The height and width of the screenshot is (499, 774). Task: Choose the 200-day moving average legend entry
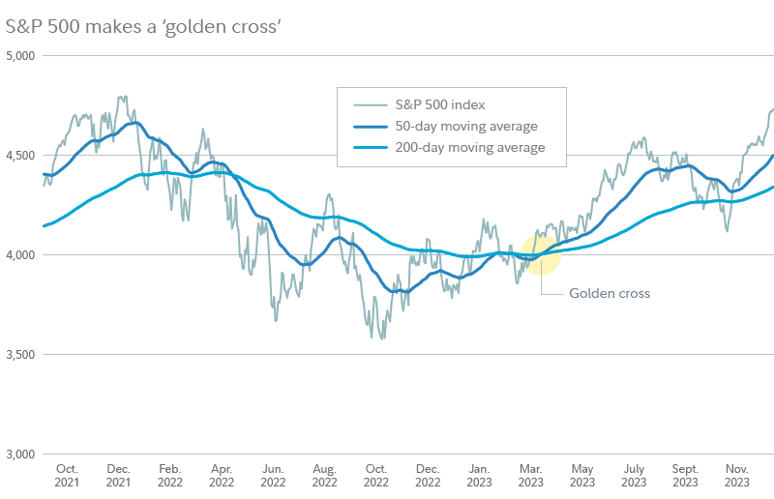point(470,148)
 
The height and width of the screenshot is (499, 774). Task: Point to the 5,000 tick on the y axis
point(19,56)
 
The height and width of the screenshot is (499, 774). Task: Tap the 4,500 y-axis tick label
point(19,156)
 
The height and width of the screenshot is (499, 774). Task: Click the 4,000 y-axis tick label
point(19,255)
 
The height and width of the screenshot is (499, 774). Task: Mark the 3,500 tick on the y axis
point(19,355)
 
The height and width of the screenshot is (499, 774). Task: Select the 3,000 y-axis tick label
point(19,455)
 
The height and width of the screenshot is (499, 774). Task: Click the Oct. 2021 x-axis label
point(68,473)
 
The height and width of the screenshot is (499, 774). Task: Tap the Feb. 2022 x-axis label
point(170,473)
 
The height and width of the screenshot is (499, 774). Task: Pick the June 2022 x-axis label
point(273,473)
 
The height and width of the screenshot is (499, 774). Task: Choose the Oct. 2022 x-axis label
point(375,473)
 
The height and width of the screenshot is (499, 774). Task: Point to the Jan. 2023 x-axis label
point(478,473)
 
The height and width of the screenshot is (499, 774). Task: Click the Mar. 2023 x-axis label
point(529,473)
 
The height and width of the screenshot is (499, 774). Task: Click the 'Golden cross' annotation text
point(609,293)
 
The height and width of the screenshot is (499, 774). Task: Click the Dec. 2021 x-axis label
point(119,473)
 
